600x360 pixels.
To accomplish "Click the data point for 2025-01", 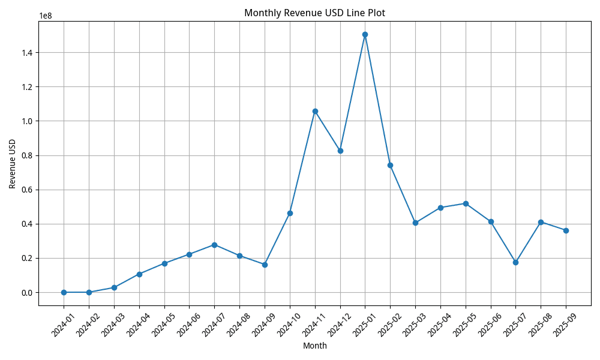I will tap(365, 34).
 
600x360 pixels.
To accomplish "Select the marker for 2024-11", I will tap(315, 111).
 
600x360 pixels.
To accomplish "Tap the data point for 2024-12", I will tap(340, 151).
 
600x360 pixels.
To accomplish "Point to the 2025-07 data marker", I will tap(515, 262).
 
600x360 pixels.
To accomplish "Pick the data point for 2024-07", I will tap(214, 245).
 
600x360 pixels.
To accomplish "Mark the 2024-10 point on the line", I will tap(290, 213).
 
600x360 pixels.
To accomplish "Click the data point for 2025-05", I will tap(466, 203).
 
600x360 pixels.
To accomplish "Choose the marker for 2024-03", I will tap(114, 287).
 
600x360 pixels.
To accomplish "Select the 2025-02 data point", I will tap(390, 165).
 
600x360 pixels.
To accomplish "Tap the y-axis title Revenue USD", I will tap(13, 164).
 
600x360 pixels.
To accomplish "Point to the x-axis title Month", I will tap(314, 346).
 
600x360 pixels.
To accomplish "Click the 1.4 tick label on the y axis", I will tap(27, 53).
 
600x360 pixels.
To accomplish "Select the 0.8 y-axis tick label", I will tap(27, 155).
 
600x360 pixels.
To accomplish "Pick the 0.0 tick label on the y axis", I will tap(27, 293).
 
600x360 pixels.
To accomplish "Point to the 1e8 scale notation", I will tap(46, 16).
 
